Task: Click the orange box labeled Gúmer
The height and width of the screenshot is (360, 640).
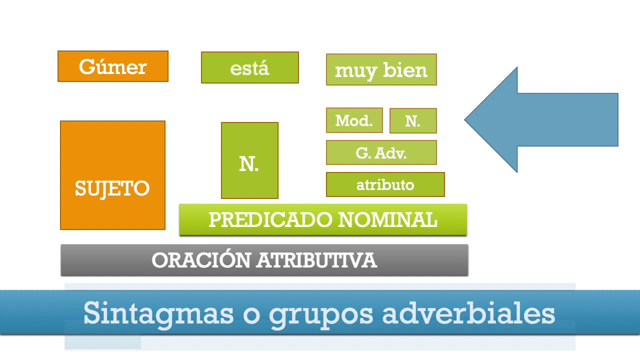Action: [x=113, y=66]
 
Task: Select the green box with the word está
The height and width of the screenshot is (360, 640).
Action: [x=249, y=67]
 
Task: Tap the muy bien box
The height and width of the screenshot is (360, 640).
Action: [x=381, y=70]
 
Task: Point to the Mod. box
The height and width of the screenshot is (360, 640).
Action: [x=354, y=120]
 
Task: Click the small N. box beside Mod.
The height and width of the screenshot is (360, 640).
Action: [x=413, y=121]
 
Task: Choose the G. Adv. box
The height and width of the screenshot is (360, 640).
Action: [x=381, y=152]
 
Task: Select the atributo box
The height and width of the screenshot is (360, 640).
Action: [x=385, y=185]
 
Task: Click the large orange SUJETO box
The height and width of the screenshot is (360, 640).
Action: [x=112, y=175]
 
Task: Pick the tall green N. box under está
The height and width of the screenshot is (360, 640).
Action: [x=249, y=160]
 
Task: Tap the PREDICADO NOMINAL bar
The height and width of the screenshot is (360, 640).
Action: [x=323, y=219]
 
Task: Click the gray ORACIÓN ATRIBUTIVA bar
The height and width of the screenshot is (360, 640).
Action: [x=264, y=260]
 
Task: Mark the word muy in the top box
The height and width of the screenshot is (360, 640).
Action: [x=355, y=71]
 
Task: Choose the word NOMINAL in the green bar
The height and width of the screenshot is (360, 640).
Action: [x=387, y=219]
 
